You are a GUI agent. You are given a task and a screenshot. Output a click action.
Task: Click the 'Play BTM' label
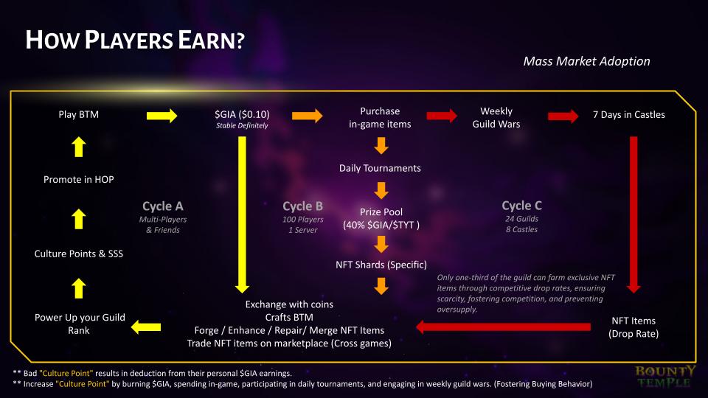(79, 114)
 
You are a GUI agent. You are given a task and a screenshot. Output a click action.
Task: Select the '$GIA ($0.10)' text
(241, 114)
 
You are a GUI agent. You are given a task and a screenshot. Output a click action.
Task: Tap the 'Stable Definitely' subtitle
(241, 126)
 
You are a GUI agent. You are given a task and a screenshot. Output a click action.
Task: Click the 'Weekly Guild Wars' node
(496, 118)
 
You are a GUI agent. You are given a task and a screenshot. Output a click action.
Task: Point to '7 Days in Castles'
(628, 114)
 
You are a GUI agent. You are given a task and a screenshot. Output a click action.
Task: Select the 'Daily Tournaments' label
(380, 168)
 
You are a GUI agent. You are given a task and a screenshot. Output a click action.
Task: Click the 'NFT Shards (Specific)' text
(381, 263)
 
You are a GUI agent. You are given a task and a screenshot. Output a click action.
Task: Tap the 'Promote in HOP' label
(79, 179)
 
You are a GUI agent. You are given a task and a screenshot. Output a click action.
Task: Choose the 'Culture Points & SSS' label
(79, 254)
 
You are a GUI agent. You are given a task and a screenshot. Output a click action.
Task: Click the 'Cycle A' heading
(162, 206)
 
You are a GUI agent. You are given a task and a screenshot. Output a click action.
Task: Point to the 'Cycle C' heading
(521, 206)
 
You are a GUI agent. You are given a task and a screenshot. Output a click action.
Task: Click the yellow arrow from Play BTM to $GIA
(162, 116)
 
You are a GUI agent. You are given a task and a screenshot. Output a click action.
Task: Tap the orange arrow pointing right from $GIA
(308, 116)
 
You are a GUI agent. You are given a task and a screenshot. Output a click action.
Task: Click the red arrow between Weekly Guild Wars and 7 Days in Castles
(563, 116)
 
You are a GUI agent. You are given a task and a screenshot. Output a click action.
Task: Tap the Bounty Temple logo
(665, 376)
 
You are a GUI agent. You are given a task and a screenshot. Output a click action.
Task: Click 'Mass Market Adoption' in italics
(586, 61)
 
